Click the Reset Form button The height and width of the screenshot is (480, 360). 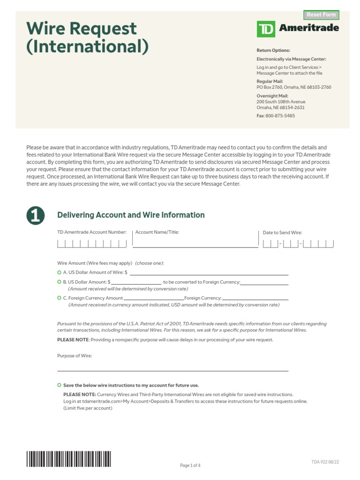[x=321, y=15]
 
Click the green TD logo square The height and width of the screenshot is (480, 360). [x=266, y=29]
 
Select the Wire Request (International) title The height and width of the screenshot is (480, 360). [x=88, y=37]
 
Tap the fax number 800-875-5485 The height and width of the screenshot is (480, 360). [x=280, y=116]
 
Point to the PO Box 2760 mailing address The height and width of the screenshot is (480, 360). [x=293, y=87]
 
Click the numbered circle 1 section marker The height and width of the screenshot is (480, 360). [x=36, y=215]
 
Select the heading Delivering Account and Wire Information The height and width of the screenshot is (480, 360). [x=131, y=215]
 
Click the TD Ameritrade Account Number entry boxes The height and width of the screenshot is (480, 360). [x=92, y=243]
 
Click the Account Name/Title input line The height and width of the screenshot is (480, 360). [x=195, y=243]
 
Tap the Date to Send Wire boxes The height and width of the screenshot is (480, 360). [x=298, y=243]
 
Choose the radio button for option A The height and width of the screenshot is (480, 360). [x=59, y=272]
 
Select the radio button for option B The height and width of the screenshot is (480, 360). [x=59, y=282]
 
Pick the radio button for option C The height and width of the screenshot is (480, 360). [x=59, y=298]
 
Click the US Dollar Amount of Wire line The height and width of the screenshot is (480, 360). [x=209, y=272]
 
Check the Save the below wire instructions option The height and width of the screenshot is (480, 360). [x=59, y=385]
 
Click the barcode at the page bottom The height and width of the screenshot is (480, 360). [x=68, y=458]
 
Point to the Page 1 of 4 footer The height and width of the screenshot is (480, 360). [x=190, y=465]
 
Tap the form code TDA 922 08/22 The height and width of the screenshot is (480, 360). [x=325, y=462]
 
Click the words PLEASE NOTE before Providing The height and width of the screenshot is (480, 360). [x=73, y=340]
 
